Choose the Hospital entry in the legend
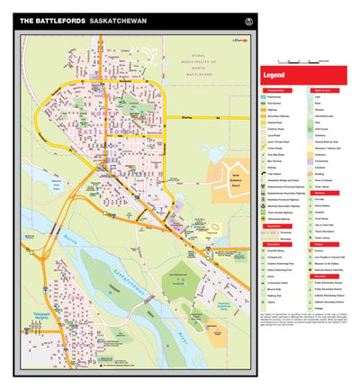coord(319,213)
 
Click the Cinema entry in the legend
coord(319,250)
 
